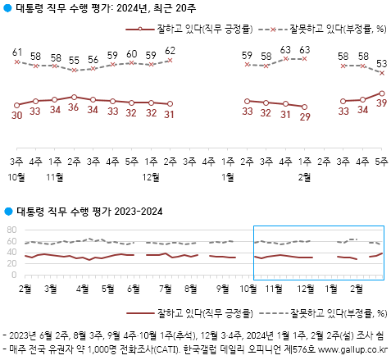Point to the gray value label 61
[x=17, y=52]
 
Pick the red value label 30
[x=17, y=115]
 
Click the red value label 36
[x=74, y=107]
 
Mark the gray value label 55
[x=74, y=60]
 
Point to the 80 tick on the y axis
[x=11, y=230]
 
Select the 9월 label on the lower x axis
[x=223, y=289]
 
